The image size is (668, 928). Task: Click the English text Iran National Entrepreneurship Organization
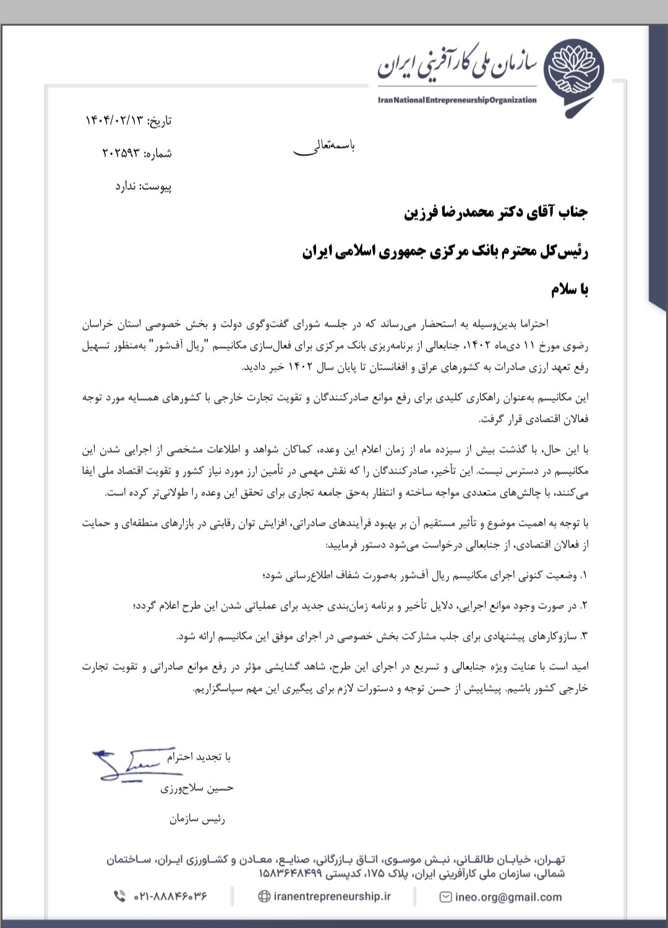coord(457,100)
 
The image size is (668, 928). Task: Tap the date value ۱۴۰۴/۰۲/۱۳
coord(114,121)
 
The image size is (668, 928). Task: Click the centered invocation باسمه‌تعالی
coord(323,147)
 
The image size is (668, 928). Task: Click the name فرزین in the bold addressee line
coord(424,213)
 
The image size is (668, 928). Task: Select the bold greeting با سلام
coord(570,289)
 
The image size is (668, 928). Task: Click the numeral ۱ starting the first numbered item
coord(584,576)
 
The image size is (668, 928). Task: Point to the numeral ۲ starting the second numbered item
coord(584,606)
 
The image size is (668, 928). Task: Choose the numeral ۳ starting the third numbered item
coord(584,636)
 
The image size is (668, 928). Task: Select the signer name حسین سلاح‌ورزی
coord(197,788)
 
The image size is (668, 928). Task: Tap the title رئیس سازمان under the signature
coord(197,819)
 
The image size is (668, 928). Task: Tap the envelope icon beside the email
coord(445,896)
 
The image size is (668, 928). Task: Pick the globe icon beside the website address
coord(263,896)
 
